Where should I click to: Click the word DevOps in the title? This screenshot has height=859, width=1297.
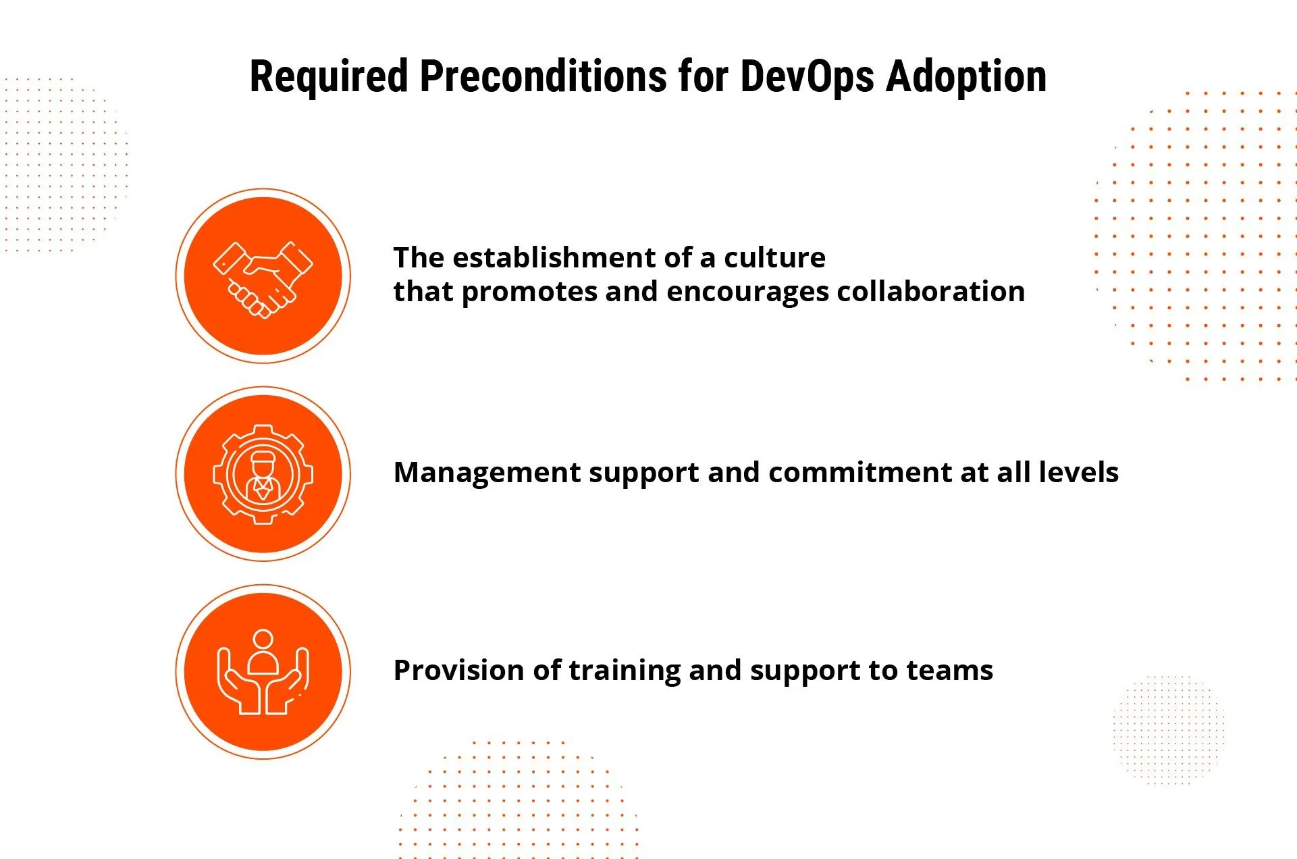(808, 76)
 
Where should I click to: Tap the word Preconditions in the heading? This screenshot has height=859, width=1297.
(543, 76)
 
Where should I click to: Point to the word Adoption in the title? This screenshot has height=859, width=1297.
(966, 76)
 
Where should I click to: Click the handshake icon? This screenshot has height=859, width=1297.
(263, 277)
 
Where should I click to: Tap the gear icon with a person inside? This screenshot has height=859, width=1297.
(263, 474)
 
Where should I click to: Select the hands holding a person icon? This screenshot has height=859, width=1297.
(263, 672)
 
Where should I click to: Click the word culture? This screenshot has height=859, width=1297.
(774, 258)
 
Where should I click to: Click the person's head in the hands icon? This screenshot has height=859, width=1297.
(263, 638)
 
